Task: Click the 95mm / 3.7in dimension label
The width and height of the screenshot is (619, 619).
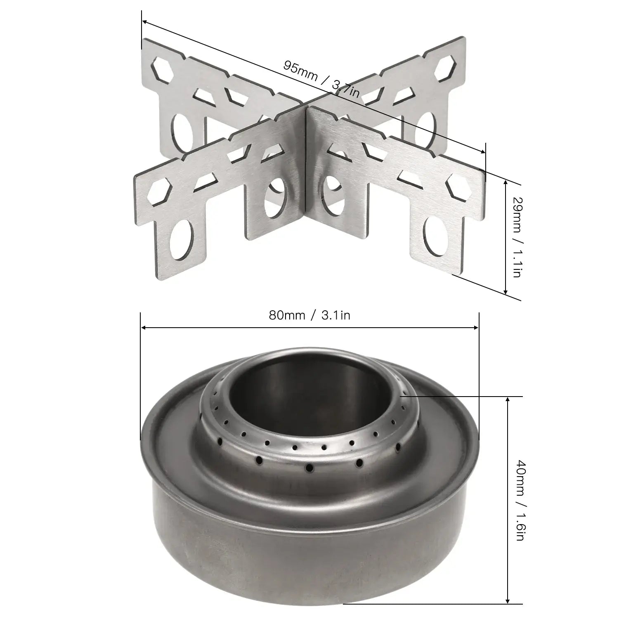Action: coord(321,79)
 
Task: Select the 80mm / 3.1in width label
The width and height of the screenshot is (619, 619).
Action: coord(309,316)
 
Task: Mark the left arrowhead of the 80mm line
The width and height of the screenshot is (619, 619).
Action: coord(144,328)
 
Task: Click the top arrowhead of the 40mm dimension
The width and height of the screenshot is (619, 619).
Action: coord(507,399)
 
